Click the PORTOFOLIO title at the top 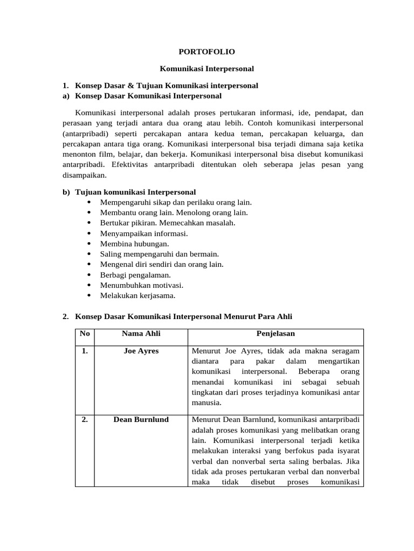(207, 52)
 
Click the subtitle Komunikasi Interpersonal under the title (207, 69)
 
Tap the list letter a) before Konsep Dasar (66, 96)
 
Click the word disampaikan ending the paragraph (84, 174)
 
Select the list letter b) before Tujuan (66, 192)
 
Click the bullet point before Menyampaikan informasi (88, 234)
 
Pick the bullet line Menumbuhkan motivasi (141, 285)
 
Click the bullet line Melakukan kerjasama (137, 295)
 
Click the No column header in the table (85, 334)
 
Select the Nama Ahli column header (141, 334)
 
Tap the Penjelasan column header (275, 334)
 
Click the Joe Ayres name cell (141, 351)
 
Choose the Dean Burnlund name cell (141, 420)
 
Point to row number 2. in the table (85, 420)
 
